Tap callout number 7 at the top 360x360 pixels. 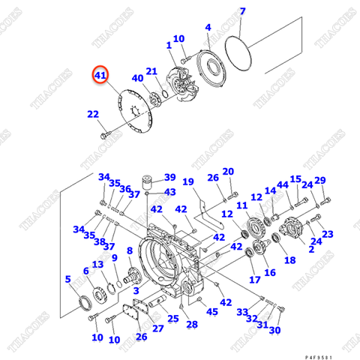pyautogui.click(x=242, y=11)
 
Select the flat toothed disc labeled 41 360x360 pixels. pyautogui.click(x=134, y=113)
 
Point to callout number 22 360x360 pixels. pyautogui.click(x=92, y=115)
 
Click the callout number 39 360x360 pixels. pyautogui.click(x=169, y=178)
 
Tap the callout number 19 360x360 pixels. pyautogui.click(x=188, y=182)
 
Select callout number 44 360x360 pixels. pyautogui.click(x=283, y=184)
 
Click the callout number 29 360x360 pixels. pyautogui.click(x=320, y=181)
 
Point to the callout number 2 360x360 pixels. pyautogui.click(x=310, y=249)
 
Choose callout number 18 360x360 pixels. pyautogui.click(x=290, y=259)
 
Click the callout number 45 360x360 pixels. pyautogui.click(x=212, y=311)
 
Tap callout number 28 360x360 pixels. pyautogui.click(x=192, y=324)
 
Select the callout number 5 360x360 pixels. pyautogui.click(x=68, y=280)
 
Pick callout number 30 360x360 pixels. pyautogui.click(x=274, y=330)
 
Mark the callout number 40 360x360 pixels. pyautogui.click(x=137, y=78)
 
